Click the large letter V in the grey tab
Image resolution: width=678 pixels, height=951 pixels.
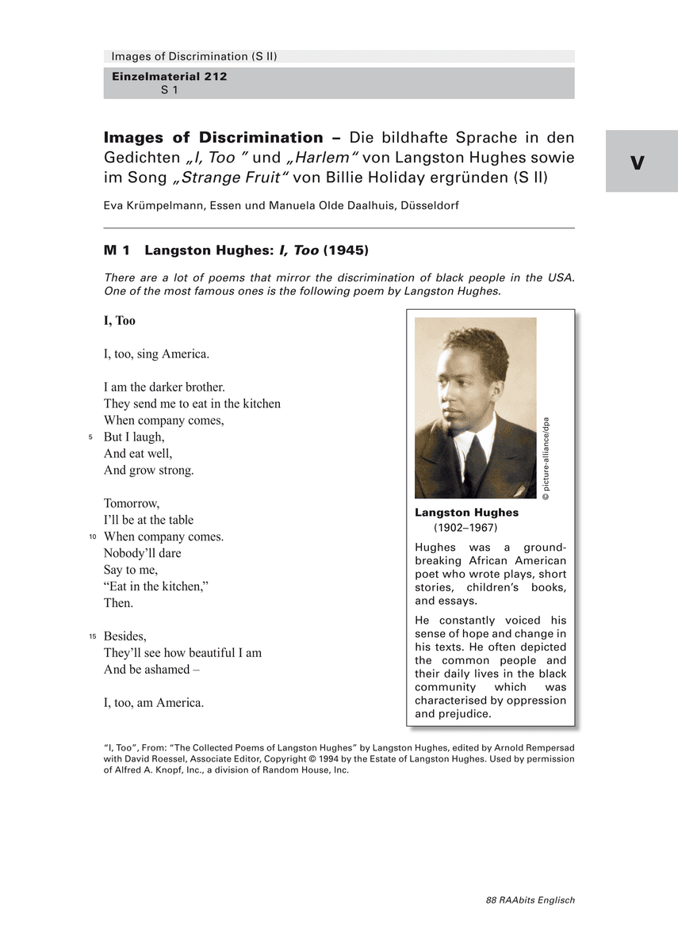click(x=638, y=162)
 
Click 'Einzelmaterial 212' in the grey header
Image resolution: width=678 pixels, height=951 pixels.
click(x=169, y=76)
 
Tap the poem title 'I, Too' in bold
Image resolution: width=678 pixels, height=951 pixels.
click(x=120, y=320)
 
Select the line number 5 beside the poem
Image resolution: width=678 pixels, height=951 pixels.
click(x=90, y=437)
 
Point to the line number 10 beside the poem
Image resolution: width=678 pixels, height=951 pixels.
click(x=92, y=537)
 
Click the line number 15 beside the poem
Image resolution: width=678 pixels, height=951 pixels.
click(x=92, y=636)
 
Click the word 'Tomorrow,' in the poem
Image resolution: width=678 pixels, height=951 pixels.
click(x=132, y=503)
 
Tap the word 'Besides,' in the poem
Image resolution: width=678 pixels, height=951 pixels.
click(x=125, y=636)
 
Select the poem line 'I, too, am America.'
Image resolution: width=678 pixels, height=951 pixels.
click(x=154, y=702)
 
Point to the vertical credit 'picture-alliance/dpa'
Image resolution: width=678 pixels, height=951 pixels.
click(x=546, y=458)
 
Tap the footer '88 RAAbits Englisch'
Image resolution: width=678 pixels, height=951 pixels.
click(x=530, y=899)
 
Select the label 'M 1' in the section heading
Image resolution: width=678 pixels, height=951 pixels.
click(x=117, y=250)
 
